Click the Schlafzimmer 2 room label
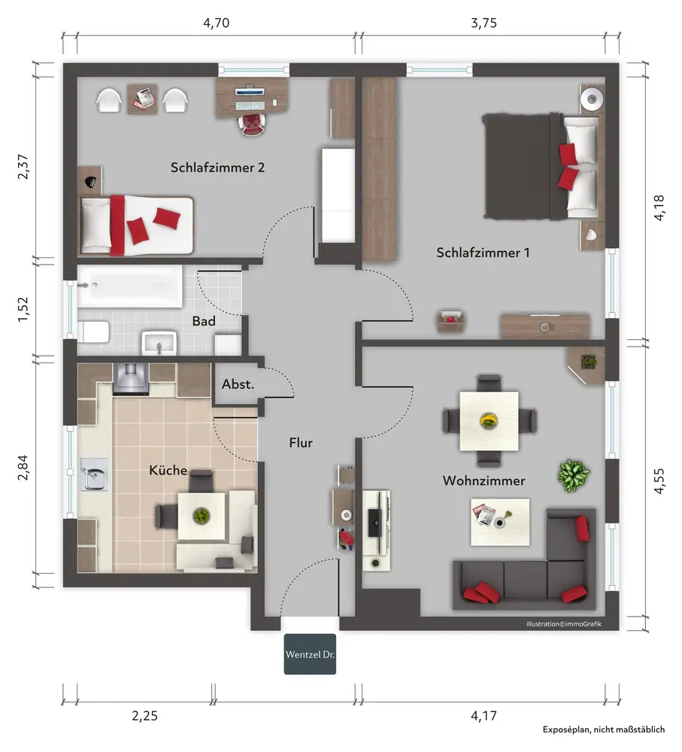[x=217, y=168]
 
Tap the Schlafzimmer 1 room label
[x=483, y=253]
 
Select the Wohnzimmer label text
[x=483, y=481]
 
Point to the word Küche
[x=168, y=470]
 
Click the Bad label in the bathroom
[x=204, y=321]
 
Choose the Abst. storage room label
[x=238, y=384]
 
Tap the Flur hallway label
[x=301, y=443]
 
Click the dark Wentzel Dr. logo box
[x=310, y=654]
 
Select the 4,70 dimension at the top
[x=217, y=23]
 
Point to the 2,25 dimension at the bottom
[x=145, y=716]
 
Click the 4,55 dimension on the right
[x=659, y=481]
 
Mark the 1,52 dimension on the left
[x=23, y=310]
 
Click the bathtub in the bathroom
[x=130, y=287]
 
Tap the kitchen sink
[x=95, y=474]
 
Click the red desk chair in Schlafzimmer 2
[x=251, y=124]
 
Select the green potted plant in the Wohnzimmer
[x=574, y=475]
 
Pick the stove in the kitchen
[x=130, y=379]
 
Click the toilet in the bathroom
[x=93, y=332]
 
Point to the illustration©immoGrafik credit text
[x=563, y=624]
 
